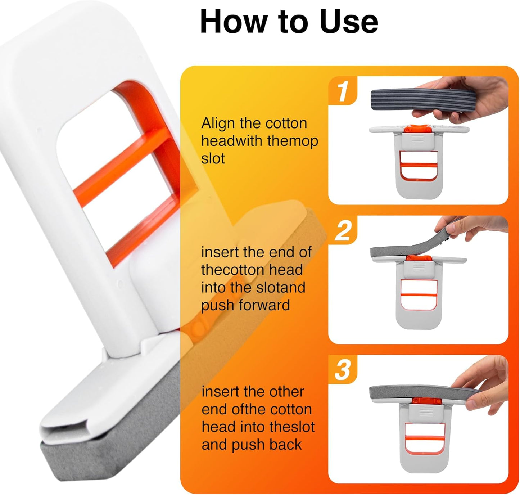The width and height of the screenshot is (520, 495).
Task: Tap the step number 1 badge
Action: pos(342,91)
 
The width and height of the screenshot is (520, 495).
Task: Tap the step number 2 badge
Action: pos(343,231)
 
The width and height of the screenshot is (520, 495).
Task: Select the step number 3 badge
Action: pos(342,370)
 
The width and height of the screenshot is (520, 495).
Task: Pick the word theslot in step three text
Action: pos(292,427)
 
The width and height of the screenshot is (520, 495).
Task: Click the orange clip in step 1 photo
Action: pos(417,129)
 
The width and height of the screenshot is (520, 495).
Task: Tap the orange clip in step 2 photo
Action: pos(417,258)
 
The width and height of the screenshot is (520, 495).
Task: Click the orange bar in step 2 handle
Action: pos(418,294)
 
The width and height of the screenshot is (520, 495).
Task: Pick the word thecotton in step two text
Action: pos(252,270)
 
